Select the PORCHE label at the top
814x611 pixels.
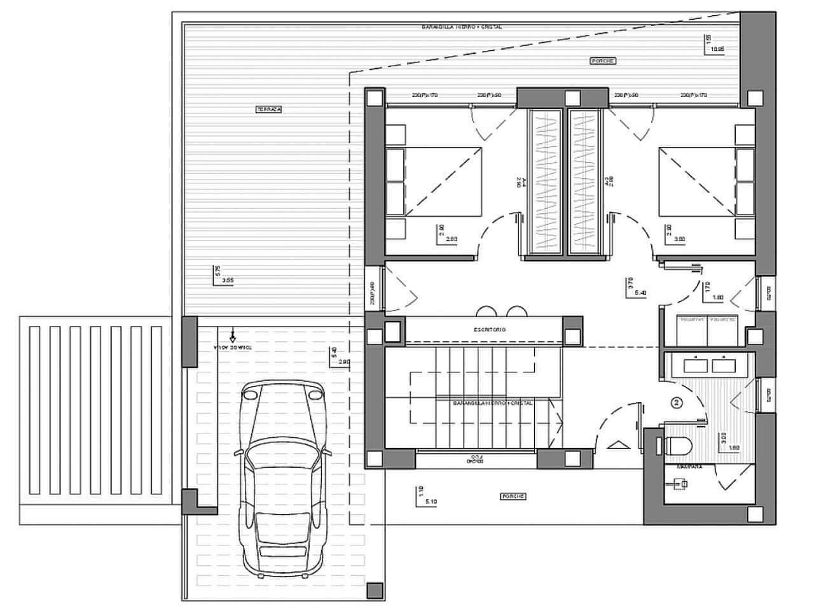[x=604, y=60]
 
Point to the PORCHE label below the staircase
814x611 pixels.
[x=512, y=496]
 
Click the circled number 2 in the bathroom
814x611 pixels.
[x=677, y=402]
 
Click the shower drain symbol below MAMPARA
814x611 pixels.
[x=682, y=484]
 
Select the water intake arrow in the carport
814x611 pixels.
[x=233, y=334]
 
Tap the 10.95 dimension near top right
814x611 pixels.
[x=717, y=48]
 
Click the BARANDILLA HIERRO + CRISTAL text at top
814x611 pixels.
[x=462, y=27]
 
